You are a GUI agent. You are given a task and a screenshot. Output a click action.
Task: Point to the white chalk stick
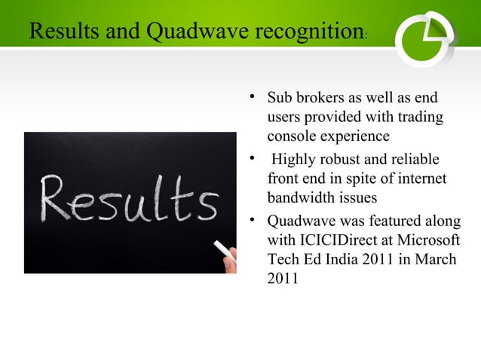(x=222, y=248)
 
